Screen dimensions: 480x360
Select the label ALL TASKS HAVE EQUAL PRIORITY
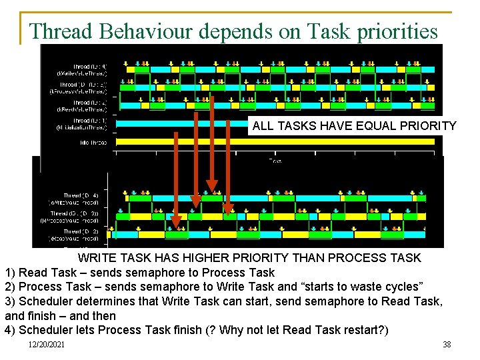point(354,126)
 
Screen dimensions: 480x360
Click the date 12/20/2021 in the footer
point(47,344)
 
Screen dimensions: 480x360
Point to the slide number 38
point(447,344)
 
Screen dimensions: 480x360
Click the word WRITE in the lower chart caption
point(97,258)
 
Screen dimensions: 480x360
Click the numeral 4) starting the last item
point(11,329)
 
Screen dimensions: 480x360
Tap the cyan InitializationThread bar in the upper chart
point(180,123)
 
